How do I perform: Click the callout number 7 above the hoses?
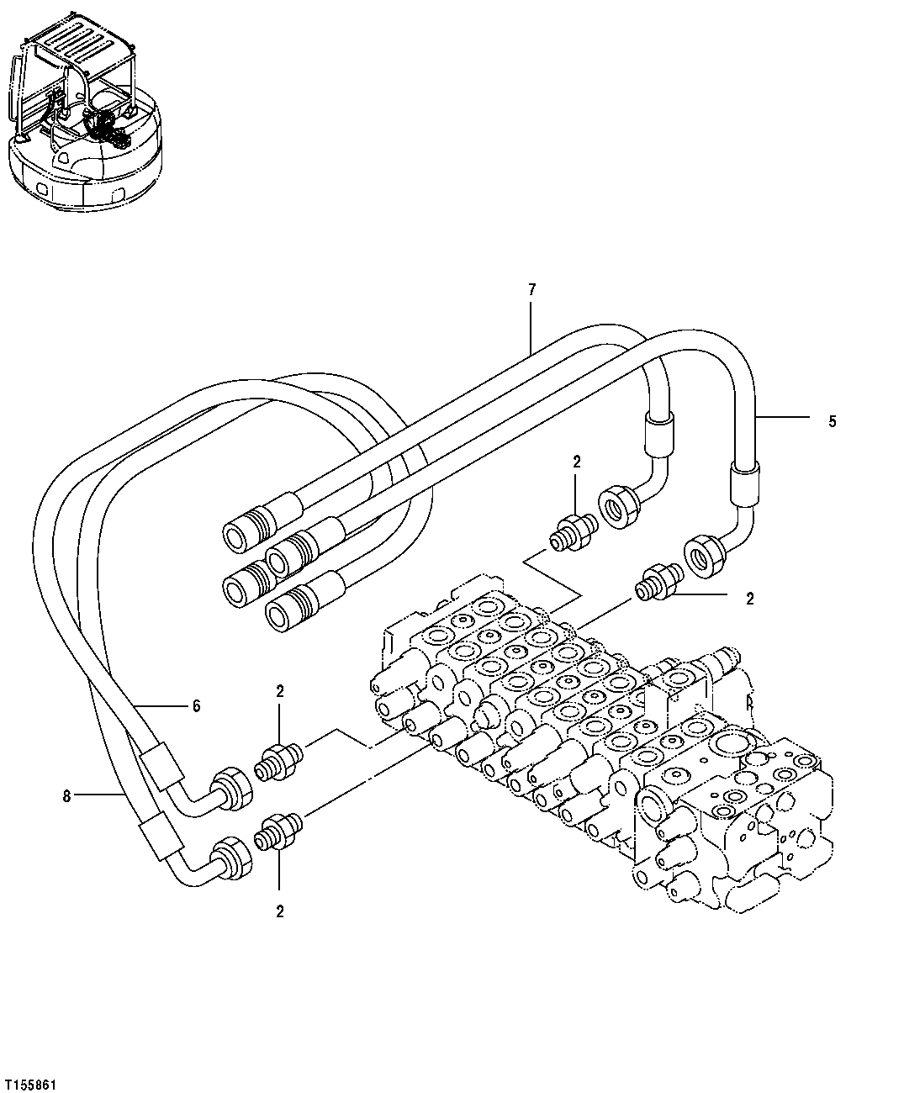(x=531, y=290)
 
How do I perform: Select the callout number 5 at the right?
(x=832, y=422)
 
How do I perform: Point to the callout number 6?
(x=196, y=706)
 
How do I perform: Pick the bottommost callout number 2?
(x=280, y=911)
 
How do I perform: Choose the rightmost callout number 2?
(x=749, y=599)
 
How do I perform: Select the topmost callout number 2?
(x=576, y=461)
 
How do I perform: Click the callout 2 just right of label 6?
(x=280, y=691)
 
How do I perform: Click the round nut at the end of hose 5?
(x=706, y=557)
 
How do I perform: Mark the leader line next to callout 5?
(x=783, y=416)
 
